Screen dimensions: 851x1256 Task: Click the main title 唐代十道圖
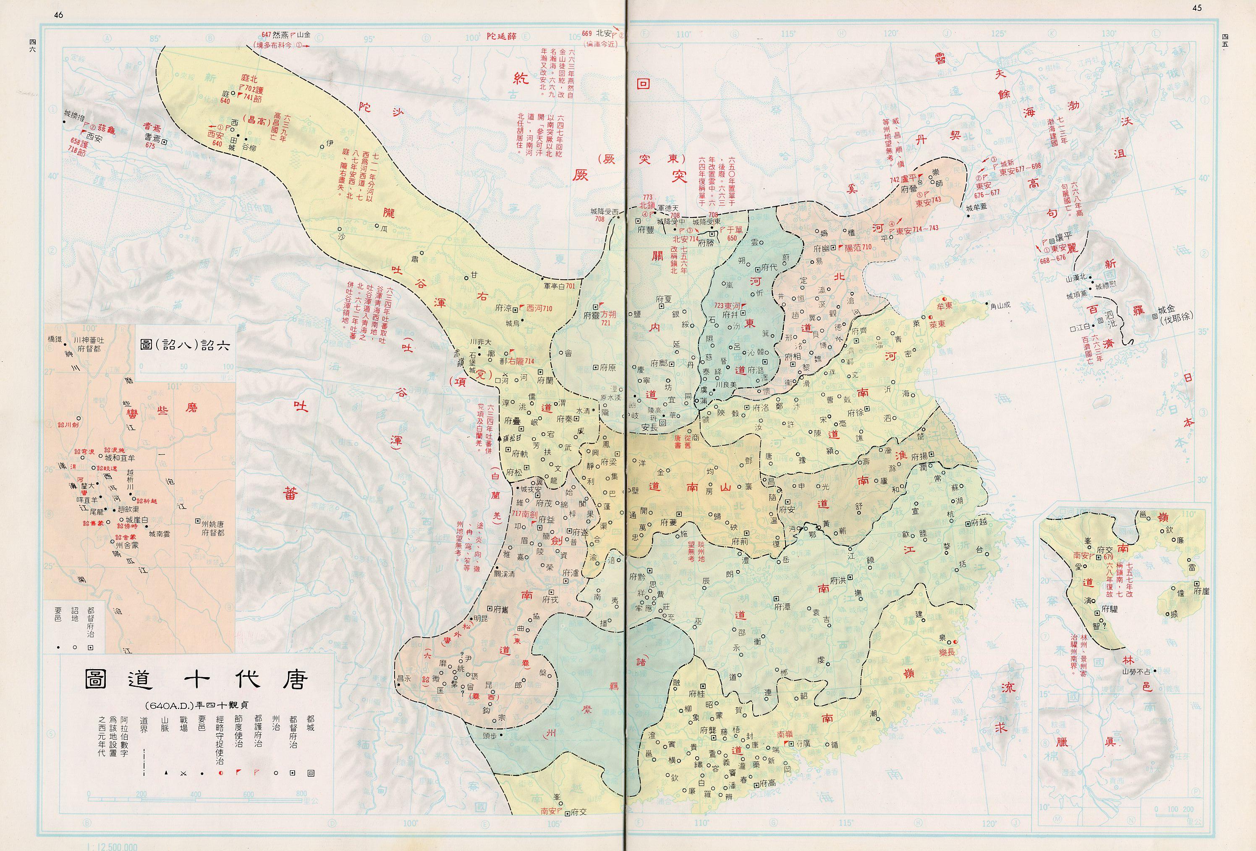196,679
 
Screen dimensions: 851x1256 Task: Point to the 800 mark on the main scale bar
301,794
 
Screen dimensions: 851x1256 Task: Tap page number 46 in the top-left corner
58,15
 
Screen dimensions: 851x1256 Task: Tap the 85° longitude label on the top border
155,38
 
